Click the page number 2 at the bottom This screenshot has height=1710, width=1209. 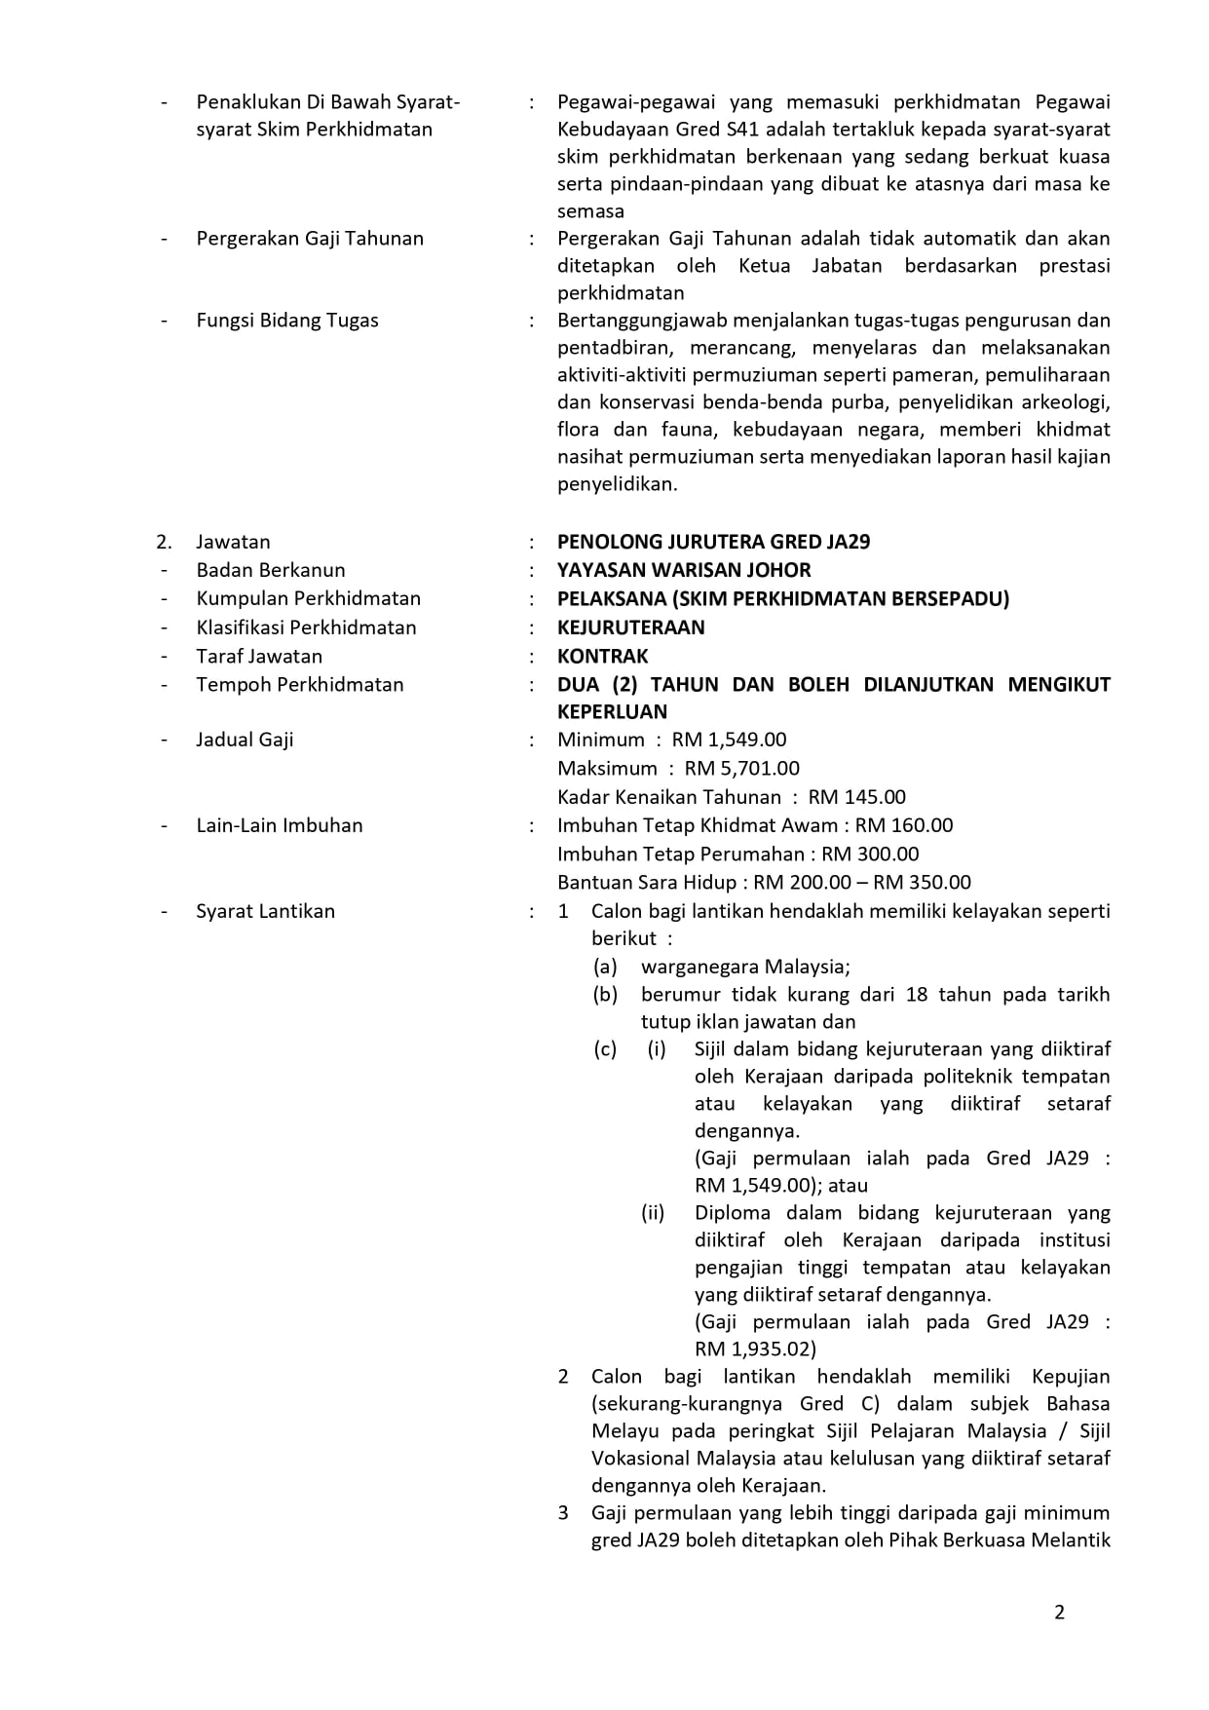[x=1059, y=1613]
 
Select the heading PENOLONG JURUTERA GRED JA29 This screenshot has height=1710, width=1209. [x=713, y=542]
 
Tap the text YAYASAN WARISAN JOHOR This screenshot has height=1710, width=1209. [x=684, y=570]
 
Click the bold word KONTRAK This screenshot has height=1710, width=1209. [x=602, y=656]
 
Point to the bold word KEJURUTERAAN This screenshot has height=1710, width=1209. [x=630, y=627]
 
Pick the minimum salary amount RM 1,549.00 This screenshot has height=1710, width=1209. [x=729, y=740]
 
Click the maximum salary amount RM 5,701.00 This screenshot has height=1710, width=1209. [x=741, y=768]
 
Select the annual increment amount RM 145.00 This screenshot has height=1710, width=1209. [x=856, y=797]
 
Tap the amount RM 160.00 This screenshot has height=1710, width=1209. [x=904, y=825]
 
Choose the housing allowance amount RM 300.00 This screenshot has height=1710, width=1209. [x=870, y=855]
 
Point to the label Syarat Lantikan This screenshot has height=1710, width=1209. [x=265, y=911]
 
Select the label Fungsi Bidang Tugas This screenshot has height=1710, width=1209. [x=287, y=321]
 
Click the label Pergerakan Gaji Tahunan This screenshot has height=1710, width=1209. [x=310, y=239]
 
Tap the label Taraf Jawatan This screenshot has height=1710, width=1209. [x=259, y=656]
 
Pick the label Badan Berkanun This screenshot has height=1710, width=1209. [x=271, y=570]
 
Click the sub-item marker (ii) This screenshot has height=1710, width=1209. [x=652, y=1213]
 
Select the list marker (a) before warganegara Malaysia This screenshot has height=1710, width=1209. [x=605, y=967]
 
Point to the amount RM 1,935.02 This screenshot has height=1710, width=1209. [x=753, y=1349]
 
